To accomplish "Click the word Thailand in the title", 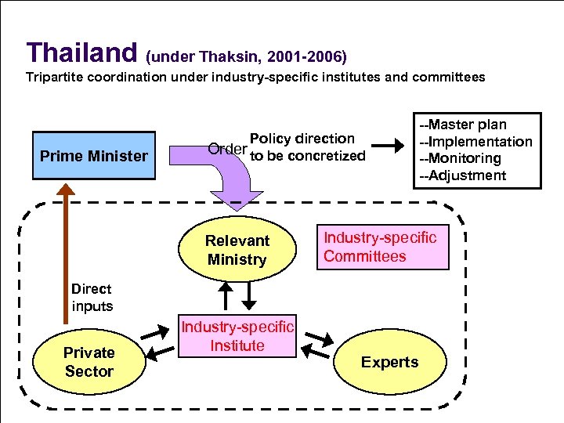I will pos(81,52).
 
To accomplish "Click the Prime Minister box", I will pos(93,156).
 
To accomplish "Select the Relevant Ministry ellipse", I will pos(237,250).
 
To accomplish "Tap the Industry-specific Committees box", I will pos(382,247).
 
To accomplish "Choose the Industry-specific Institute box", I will pos(238,336).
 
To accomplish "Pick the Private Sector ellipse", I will pos(89,362).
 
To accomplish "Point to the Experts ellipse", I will pos(389,362).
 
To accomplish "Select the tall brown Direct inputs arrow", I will pos(66,251).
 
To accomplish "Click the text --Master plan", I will pos(463,125).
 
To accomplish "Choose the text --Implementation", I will pos(475,142).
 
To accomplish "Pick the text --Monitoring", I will pos(461,158).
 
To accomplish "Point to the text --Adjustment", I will pos(462,175).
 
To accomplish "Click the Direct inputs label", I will pos(92,297).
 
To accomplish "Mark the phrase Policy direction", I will pos(302,139).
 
